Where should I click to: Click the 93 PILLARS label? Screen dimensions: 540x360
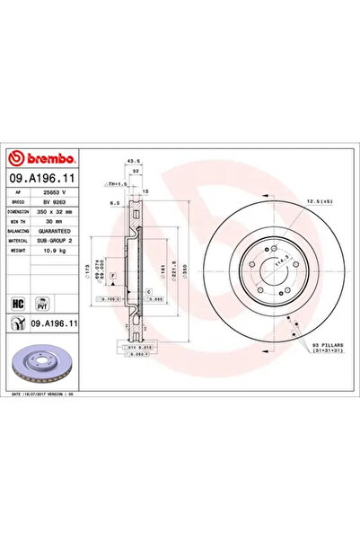[324, 345]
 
